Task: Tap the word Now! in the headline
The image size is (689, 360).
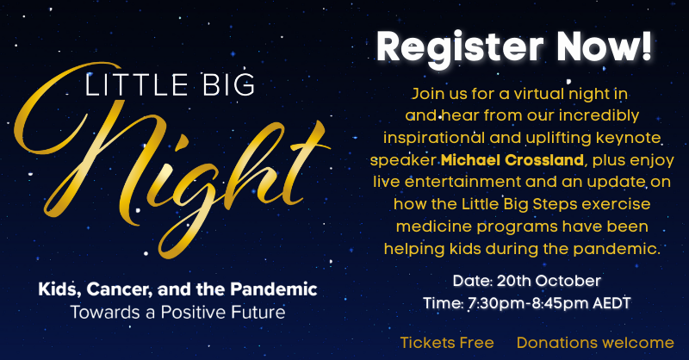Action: tap(605, 46)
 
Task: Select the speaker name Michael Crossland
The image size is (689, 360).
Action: tap(512, 160)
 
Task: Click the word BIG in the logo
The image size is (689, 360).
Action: tap(229, 85)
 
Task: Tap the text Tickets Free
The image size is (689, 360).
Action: tap(447, 343)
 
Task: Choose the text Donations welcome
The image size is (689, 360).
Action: tap(595, 343)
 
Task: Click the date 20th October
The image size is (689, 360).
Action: tap(549, 281)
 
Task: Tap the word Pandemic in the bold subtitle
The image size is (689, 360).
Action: tap(274, 289)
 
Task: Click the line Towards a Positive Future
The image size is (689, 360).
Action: tap(178, 312)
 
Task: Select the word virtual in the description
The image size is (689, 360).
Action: tap(539, 94)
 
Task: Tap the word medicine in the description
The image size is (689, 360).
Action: tap(434, 227)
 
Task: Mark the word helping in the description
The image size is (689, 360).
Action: tap(414, 249)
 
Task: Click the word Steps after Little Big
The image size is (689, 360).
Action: tap(555, 204)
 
